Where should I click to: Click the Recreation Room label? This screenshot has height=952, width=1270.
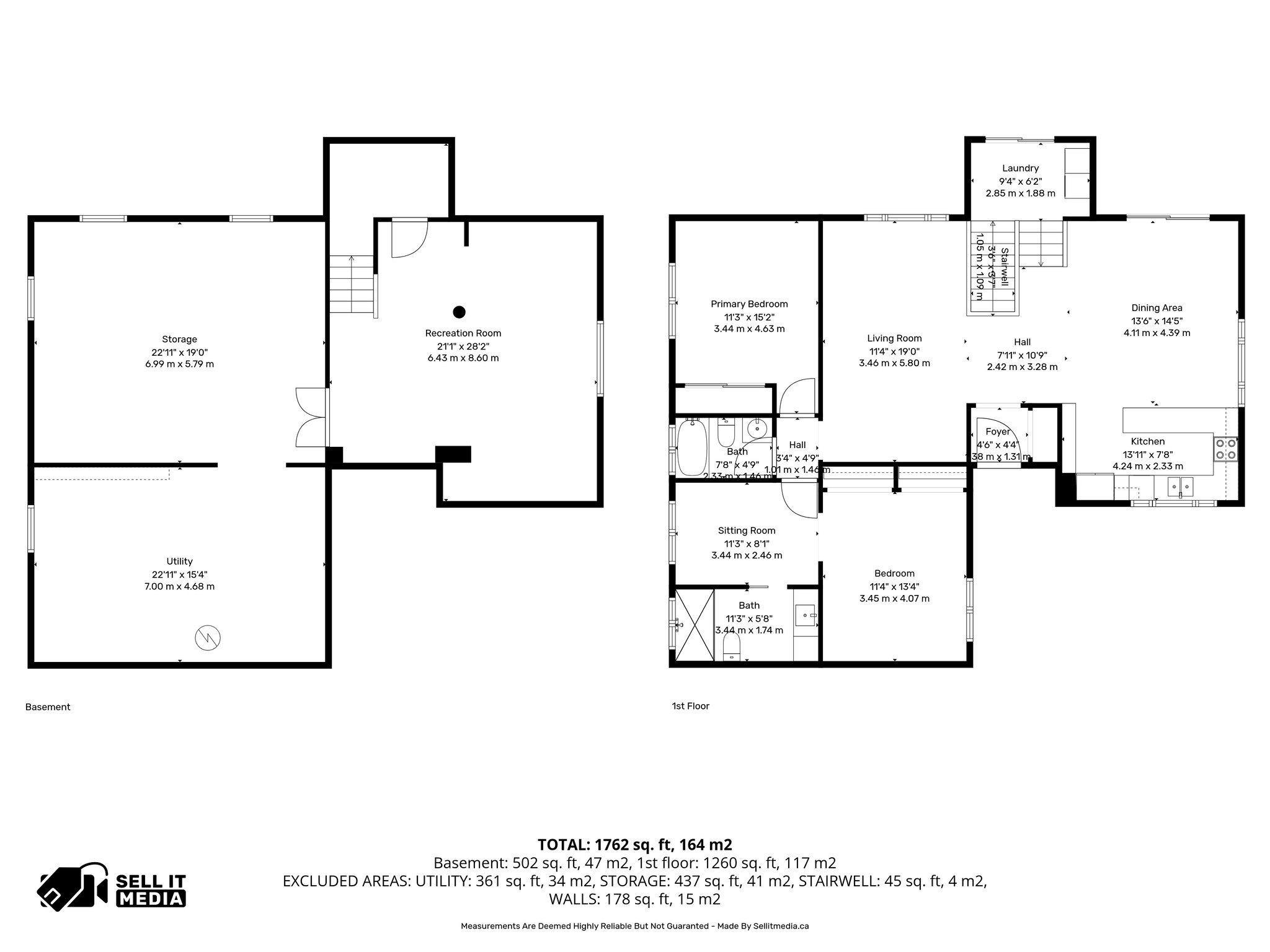(463, 333)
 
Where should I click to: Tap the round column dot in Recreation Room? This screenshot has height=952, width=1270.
(459, 312)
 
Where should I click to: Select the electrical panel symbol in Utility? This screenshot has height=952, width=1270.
(208, 638)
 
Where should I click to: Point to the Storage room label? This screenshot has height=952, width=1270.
(179, 339)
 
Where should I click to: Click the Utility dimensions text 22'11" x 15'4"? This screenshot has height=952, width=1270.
(179, 574)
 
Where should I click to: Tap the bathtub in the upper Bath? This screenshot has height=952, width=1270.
(692, 447)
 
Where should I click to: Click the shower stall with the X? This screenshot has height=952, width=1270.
(695, 624)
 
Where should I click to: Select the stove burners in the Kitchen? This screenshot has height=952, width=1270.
(1225, 448)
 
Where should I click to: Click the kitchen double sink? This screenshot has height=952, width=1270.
(1180, 487)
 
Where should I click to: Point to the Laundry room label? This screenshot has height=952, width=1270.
(1020, 168)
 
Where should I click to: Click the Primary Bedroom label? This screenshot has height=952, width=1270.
(749, 304)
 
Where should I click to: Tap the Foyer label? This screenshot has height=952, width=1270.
(998, 431)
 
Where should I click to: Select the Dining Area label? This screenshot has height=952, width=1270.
(1157, 307)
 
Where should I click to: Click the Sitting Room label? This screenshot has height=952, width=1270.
(747, 530)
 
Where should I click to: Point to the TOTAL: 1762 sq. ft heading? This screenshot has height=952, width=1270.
(634, 844)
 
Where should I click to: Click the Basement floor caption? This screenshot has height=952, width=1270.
(48, 707)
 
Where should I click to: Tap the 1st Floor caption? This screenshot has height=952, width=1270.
(690, 706)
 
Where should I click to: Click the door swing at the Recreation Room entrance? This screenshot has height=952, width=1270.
(409, 239)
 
